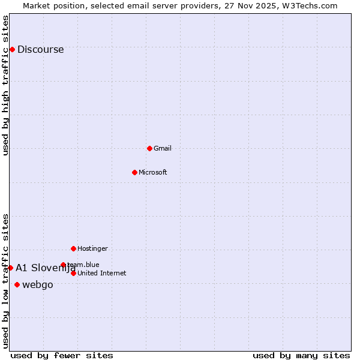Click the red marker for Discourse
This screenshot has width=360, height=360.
(x=12, y=49)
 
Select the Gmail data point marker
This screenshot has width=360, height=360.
(x=149, y=148)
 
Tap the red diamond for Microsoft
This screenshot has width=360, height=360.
(x=134, y=172)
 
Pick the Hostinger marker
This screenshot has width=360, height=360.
(x=73, y=248)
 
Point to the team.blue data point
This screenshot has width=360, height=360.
(x=63, y=265)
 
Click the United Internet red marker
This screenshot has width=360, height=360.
(x=73, y=273)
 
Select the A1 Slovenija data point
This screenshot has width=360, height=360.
(x=10, y=268)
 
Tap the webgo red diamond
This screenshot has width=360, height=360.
(x=17, y=284)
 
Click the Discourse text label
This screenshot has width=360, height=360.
(x=40, y=50)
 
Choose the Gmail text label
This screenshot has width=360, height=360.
(x=163, y=148)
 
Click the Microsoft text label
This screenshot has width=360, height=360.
(x=153, y=172)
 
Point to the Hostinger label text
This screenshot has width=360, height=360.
(x=92, y=248)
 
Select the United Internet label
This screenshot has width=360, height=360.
(x=102, y=273)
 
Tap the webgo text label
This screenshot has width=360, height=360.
(x=38, y=284)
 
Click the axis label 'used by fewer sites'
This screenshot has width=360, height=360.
(x=62, y=355)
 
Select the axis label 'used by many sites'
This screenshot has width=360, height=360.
(x=301, y=355)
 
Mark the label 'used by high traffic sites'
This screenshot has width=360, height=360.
(x=6, y=85)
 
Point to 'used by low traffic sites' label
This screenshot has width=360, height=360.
(x=6, y=281)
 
